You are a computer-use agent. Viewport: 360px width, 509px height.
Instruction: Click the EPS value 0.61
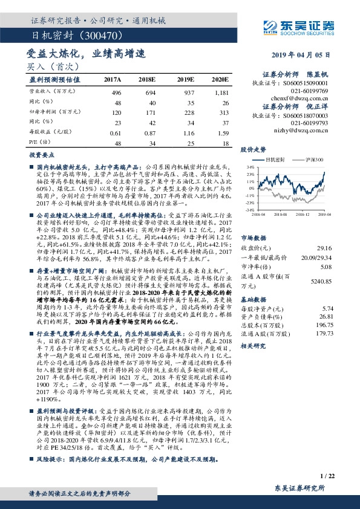point(116,132)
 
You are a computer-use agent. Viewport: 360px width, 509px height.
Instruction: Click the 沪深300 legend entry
point(313,159)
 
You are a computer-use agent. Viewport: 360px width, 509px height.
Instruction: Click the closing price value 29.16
point(325,247)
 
